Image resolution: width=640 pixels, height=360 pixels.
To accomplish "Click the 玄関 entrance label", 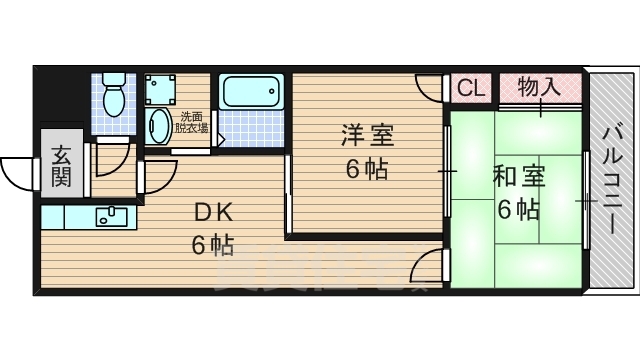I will point(61,167).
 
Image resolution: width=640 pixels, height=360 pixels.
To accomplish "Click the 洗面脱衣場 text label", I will point(191,122).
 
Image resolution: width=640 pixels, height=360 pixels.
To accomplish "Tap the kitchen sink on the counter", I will point(107,215).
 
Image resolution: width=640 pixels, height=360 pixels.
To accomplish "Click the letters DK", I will point(212,211).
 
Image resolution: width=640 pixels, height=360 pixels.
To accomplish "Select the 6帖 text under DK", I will point(212,243).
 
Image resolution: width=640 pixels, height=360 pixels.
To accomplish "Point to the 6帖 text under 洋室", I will point(367,168).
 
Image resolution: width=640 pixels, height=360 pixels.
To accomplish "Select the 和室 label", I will point(518,178).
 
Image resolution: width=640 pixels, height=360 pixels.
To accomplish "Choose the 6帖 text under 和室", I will point(518,210).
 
